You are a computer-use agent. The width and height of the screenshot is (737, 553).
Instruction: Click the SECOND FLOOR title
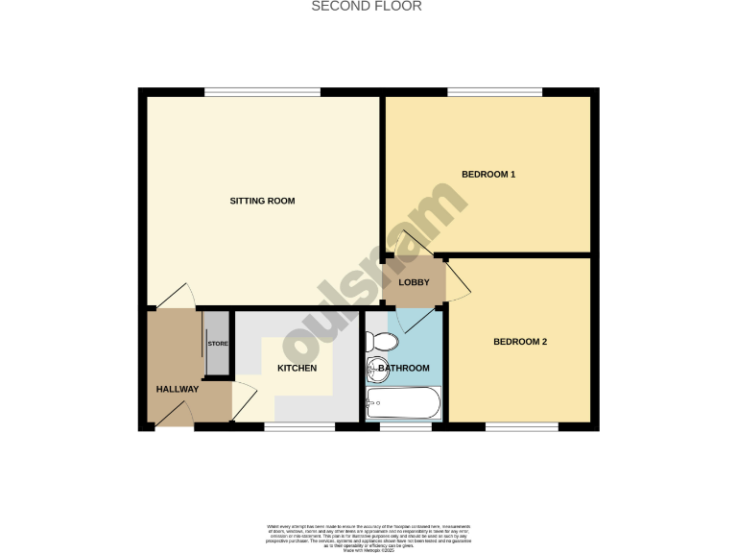tap(368, 6)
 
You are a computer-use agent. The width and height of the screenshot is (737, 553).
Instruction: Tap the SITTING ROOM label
tap(262, 202)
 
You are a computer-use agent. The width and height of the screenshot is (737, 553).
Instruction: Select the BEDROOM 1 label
tap(488, 175)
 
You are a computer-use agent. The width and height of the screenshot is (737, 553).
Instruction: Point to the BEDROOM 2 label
tap(520, 342)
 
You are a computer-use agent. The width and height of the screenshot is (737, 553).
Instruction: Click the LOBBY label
tap(415, 282)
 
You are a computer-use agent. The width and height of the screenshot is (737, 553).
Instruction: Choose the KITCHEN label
tap(297, 369)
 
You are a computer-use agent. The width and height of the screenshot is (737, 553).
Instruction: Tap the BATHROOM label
tap(404, 368)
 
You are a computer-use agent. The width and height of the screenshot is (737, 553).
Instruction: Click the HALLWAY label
tap(178, 389)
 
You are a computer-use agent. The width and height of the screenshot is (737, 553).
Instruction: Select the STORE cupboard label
tap(218, 344)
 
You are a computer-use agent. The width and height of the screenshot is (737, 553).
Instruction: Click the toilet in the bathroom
tap(381, 342)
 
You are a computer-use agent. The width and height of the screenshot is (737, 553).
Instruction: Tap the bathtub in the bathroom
tap(403, 403)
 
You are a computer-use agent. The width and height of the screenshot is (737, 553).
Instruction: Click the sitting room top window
tap(262, 92)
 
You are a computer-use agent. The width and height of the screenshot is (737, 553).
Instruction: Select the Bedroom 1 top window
tap(496, 92)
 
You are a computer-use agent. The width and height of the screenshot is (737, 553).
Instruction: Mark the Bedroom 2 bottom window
tap(521, 426)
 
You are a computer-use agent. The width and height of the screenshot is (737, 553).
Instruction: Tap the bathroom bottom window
tap(406, 426)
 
